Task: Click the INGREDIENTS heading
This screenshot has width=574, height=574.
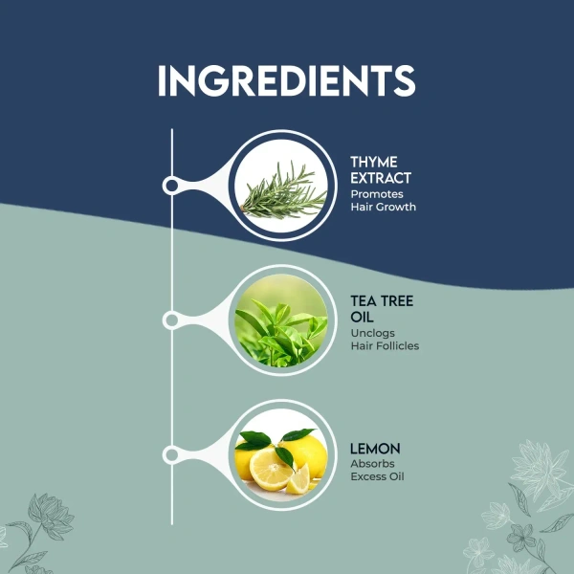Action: point(287,81)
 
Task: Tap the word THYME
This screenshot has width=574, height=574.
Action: point(374,162)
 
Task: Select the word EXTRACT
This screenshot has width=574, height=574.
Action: point(381,178)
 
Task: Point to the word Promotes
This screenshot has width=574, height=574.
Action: point(377,194)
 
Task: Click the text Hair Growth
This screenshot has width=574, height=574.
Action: point(384,207)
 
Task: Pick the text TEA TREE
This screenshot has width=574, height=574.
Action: point(382,301)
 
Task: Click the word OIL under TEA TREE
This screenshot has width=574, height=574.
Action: point(362,317)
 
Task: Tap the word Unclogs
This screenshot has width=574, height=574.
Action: point(373,333)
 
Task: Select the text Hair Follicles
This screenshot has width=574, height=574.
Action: point(385,346)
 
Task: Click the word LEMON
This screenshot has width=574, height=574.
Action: point(375,449)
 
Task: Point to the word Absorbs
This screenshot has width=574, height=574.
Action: point(372,464)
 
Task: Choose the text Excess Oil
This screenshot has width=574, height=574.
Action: point(378,476)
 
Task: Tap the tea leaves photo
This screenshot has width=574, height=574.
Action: point(281,320)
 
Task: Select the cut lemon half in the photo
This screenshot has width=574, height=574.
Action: point(270,470)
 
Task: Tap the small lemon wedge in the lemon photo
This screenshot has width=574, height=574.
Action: point(298,480)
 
